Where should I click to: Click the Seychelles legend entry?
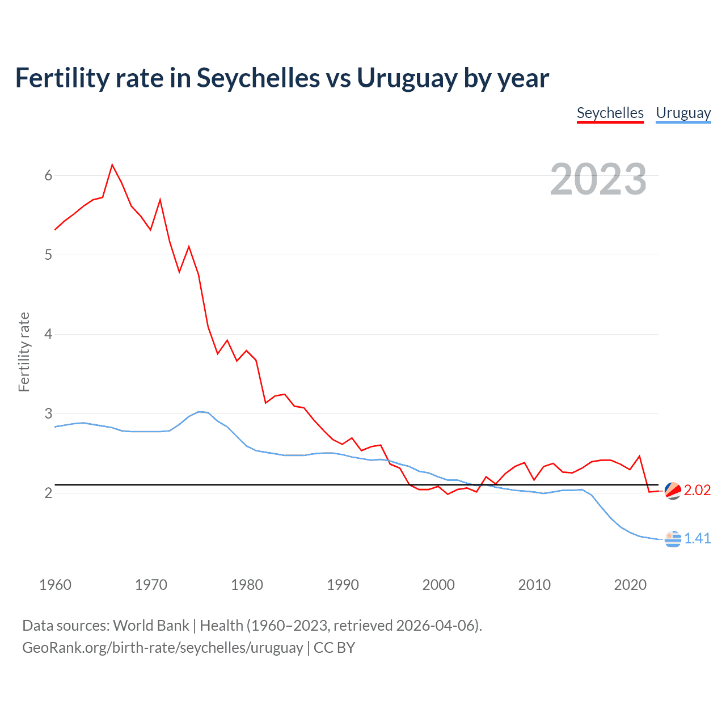(610, 113)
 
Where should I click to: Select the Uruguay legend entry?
(683, 113)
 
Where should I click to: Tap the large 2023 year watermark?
(598, 179)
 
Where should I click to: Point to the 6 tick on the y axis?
(48, 175)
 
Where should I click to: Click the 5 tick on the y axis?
(48, 255)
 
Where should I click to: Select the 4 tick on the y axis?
(48, 334)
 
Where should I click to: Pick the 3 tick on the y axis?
(48, 413)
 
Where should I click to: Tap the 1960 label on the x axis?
(55, 585)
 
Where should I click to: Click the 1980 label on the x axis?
(247, 585)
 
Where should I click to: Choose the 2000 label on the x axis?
(438, 585)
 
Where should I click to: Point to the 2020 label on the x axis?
(630, 585)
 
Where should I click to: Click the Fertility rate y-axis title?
(24, 352)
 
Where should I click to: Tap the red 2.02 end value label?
(697, 490)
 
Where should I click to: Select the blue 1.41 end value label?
(697, 538)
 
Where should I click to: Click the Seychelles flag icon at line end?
(673, 491)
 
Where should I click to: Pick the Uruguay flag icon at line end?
(673, 539)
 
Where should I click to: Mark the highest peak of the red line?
(112, 165)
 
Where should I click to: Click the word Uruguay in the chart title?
(407, 78)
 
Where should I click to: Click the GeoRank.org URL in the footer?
(163, 647)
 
